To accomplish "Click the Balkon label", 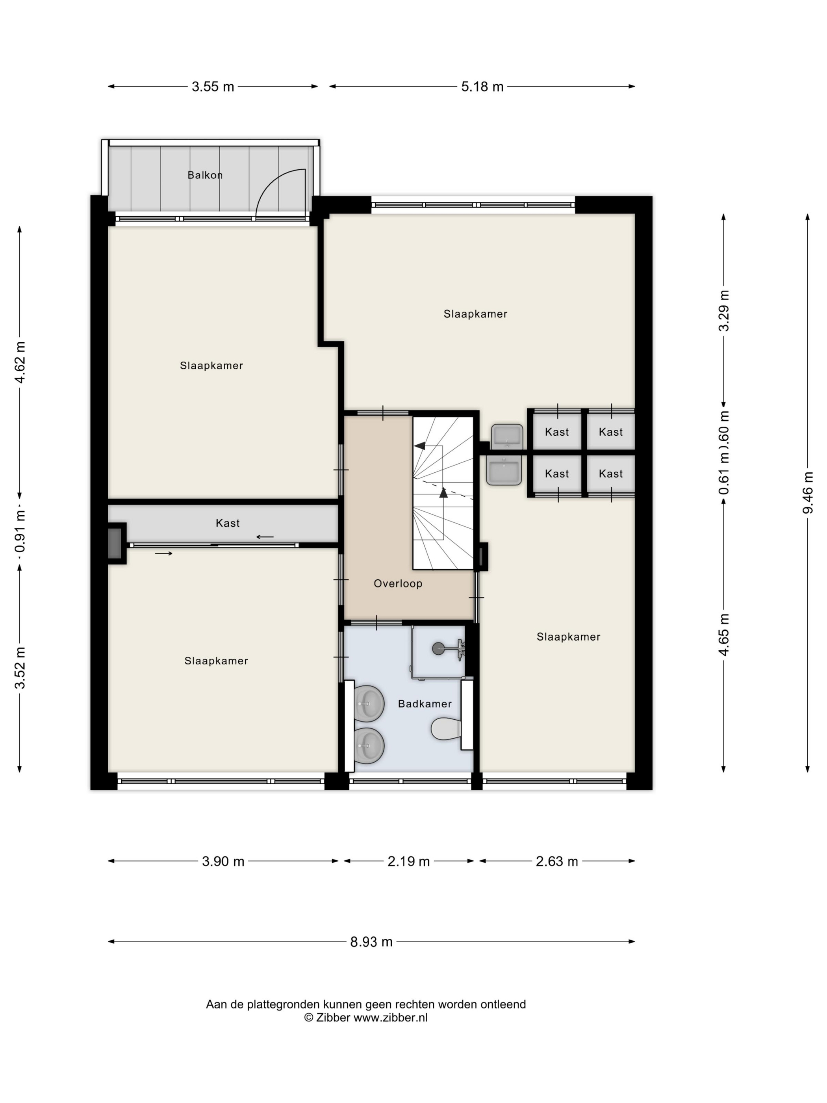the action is coord(205,175).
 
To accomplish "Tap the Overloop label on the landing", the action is coord(398,583).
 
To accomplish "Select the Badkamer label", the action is coord(425,704).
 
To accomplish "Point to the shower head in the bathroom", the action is coord(438,648).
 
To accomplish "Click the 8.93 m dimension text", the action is coord(371,942).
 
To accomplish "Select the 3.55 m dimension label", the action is coord(213,87).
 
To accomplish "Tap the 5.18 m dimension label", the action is coord(482,87).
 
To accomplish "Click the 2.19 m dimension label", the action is coord(409,862).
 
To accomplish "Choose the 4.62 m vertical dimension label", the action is coord(20,362).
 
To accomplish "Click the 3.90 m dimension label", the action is coord(223,862).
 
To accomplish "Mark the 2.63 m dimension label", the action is coord(557,862).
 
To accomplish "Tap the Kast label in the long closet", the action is coord(227,523).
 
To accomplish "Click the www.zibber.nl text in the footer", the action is coord(390,1018).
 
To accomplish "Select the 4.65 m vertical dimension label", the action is coord(724,634).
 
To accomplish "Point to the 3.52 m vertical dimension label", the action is coord(20,668).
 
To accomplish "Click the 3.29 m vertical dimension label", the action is coord(724,310).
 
